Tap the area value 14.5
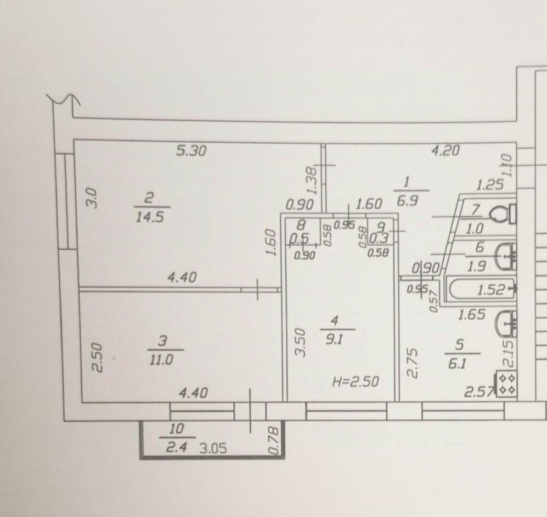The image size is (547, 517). pos(151,216)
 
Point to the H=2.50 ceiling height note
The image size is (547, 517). pos(356,382)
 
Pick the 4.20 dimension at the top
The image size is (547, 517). pos(446,150)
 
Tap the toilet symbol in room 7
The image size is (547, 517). pos(502,213)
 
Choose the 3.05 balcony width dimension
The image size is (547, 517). pos(213,448)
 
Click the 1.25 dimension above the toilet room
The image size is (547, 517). pos(489,184)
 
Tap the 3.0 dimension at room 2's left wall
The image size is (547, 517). pos(93,198)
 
